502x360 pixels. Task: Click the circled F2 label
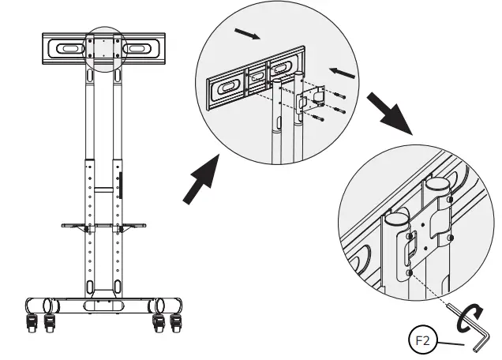(x=425, y=343)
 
